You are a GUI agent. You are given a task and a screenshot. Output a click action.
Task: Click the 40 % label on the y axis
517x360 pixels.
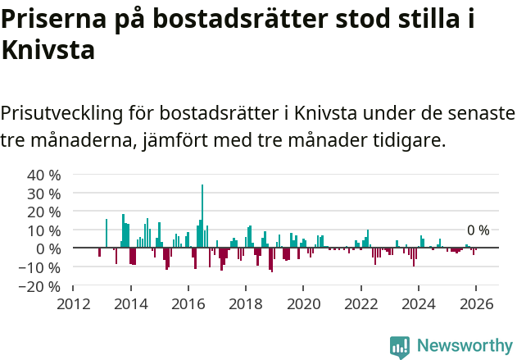(x=44, y=175)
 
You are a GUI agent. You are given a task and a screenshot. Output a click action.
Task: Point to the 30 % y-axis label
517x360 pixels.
(x=44, y=194)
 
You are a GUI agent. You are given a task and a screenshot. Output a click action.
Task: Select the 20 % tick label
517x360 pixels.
(x=44, y=212)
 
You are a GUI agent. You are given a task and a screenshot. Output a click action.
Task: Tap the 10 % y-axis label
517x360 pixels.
(x=44, y=230)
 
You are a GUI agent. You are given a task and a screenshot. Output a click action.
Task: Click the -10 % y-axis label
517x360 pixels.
(x=42, y=267)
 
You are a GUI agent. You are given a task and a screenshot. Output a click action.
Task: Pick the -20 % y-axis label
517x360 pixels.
(x=42, y=286)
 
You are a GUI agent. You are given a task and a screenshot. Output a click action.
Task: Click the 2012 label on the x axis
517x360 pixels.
(x=73, y=303)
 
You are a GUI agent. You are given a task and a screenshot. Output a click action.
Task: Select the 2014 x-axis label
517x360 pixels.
(x=130, y=303)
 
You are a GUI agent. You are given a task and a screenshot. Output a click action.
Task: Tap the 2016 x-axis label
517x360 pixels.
(x=188, y=303)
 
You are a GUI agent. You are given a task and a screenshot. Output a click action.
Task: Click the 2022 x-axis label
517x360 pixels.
(x=361, y=303)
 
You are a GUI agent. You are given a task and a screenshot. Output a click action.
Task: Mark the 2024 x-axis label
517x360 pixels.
(x=419, y=303)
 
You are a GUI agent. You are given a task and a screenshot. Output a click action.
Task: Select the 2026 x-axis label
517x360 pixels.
(x=476, y=303)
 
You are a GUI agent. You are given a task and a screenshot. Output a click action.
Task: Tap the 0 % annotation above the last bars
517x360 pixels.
(x=478, y=230)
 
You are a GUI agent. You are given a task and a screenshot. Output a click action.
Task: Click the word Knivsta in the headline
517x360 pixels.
(x=48, y=51)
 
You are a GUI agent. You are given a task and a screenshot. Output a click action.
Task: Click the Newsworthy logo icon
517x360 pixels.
(x=400, y=346)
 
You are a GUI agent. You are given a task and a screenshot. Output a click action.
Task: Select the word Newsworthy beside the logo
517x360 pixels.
(x=464, y=346)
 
